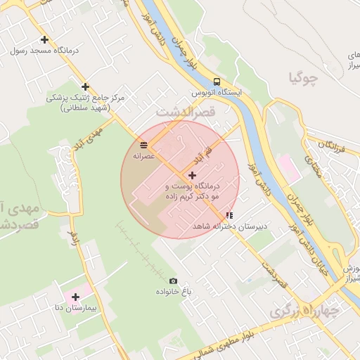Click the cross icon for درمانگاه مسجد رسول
pos(45,40)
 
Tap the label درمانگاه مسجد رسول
pos(46,51)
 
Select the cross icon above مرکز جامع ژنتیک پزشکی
pos(85,87)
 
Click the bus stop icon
pos(217,81)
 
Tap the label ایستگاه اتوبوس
pos(218,92)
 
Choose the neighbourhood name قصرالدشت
pos(185,111)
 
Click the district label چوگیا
pos(304,77)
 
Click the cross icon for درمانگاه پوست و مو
pos(192,174)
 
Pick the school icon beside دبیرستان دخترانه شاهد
pos(229,215)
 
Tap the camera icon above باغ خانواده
pos(174,281)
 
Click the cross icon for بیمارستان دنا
pos(76,297)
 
